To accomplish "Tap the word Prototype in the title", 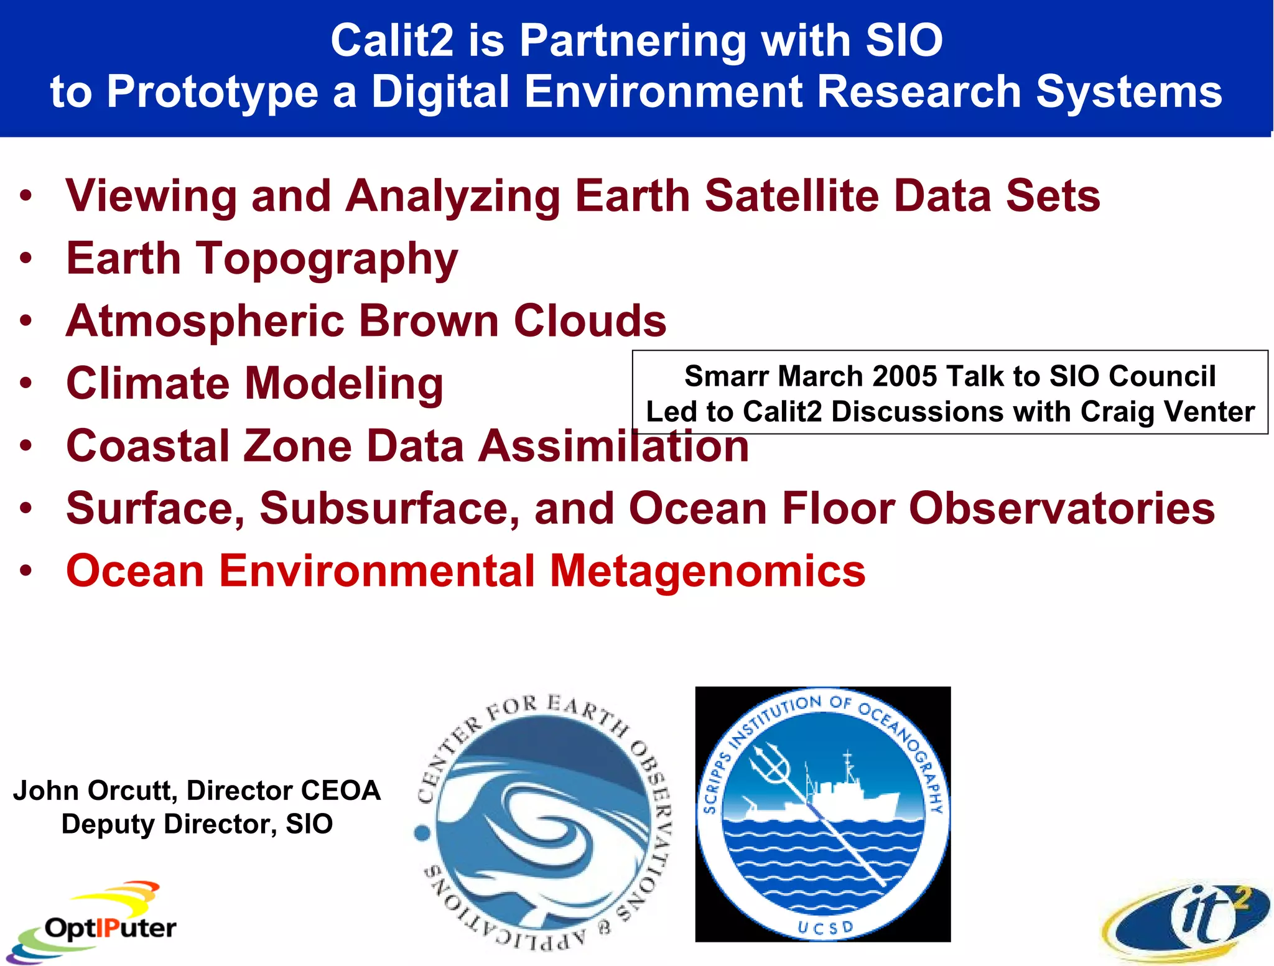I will pyautogui.click(x=213, y=92).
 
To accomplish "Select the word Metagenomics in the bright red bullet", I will pyautogui.click(x=707, y=571).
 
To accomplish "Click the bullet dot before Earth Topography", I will pyautogui.click(x=26, y=259).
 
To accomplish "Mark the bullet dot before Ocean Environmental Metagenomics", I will pyautogui.click(x=26, y=570).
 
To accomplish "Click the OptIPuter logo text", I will pyautogui.click(x=110, y=928).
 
